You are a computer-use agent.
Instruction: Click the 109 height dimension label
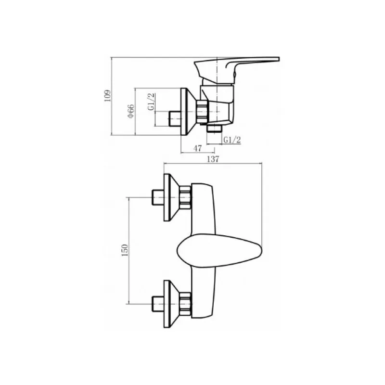(108, 96)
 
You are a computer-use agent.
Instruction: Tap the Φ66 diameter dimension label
(130, 111)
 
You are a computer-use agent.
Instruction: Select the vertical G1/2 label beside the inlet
(152, 102)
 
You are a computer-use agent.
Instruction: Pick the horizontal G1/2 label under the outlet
(232, 140)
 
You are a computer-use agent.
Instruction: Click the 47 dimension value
(198, 148)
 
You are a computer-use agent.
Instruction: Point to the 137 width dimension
(213, 159)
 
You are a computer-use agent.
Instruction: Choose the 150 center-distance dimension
(125, 250)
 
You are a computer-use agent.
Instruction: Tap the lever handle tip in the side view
(279, 59)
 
